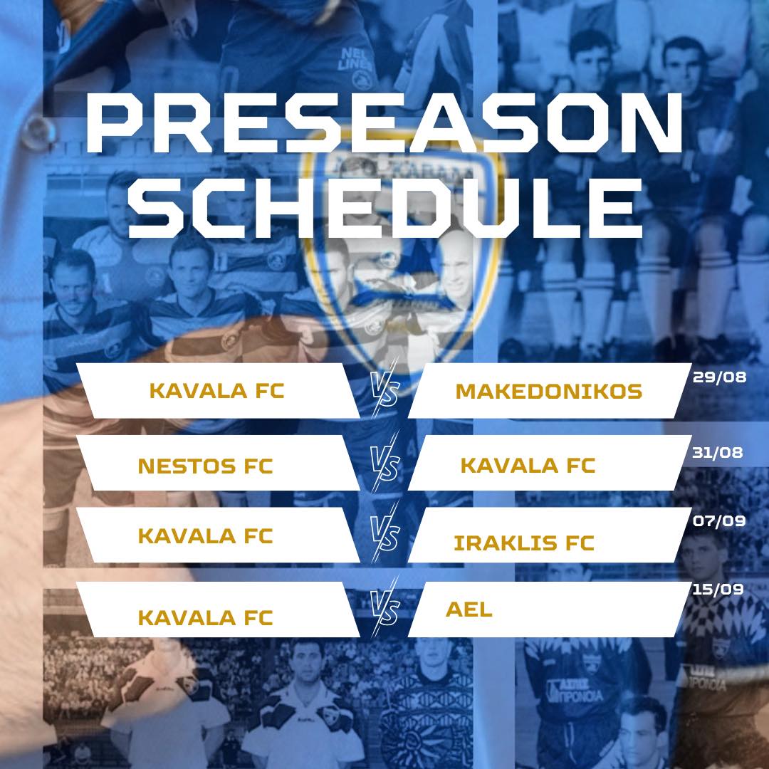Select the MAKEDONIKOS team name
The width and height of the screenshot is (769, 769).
tap(549, 392)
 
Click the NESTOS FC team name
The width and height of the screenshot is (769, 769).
tap(205, 466)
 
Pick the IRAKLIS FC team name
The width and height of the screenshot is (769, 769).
tap(524, 543)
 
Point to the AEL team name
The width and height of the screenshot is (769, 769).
tap(469, 610)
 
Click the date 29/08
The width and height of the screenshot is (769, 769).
tap(719, 377)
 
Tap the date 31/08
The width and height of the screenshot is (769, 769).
tap(718, 452)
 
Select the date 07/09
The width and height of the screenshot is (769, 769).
tap(719, 520)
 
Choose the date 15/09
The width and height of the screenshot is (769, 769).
tap(718, 589)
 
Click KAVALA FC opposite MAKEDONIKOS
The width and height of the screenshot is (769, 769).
tap(216, 391)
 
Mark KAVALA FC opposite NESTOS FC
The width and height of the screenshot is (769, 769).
tap(528, 466)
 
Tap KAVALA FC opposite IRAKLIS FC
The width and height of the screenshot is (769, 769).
tap(205, 536)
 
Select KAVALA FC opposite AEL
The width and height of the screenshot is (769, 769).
tap(205, 617)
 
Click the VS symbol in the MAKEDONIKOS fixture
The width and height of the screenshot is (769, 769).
tap(385, 392)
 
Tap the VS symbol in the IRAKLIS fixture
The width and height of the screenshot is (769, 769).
tap(385, 533)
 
